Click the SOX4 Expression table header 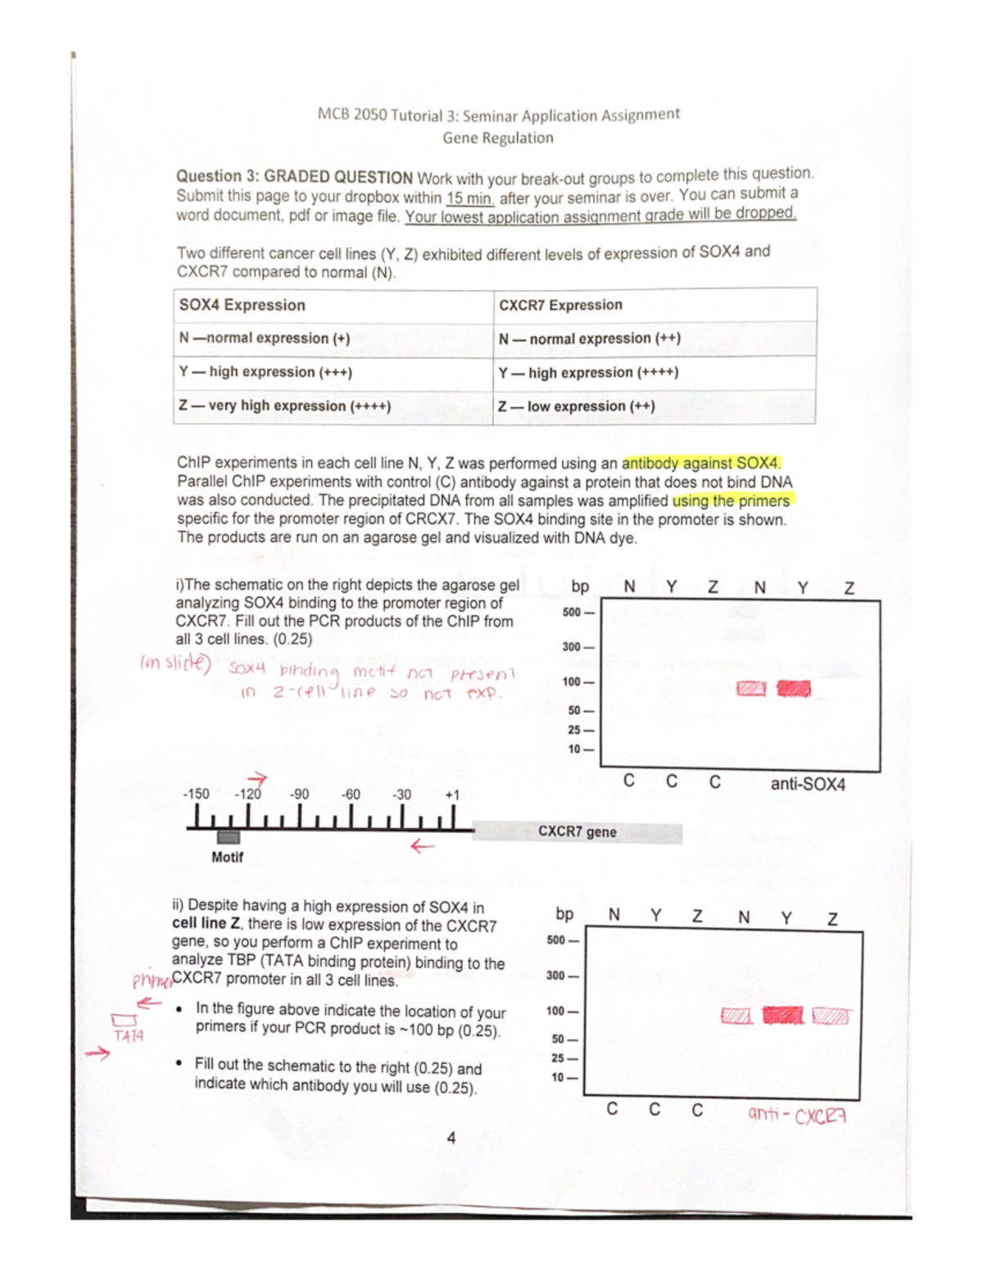click(x=242, y=305)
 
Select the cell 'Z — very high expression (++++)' click(x=285, y=405)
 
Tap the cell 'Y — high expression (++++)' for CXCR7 click(x=588, y=373)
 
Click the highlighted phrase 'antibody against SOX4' click(x=700, y=463)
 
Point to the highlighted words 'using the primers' click(x=731, y=500)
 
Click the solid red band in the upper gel click(x=793, y=689)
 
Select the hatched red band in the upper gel click(x=751, y=689)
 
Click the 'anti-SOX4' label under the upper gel click(x=807, y=784)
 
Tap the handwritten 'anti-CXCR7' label click(x=796, y=1115)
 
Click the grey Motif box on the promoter click(x=229, y=837)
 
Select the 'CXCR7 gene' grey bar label click(x=578, y=832)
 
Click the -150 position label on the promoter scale click(x=196, y=794)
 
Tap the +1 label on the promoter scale click(x=452, y=794)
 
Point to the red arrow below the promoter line click(x=422, y=847)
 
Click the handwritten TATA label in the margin click(x=129, y=1036)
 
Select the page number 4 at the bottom click(x=451, y=1138)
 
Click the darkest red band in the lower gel click(x=782, y=1016)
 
